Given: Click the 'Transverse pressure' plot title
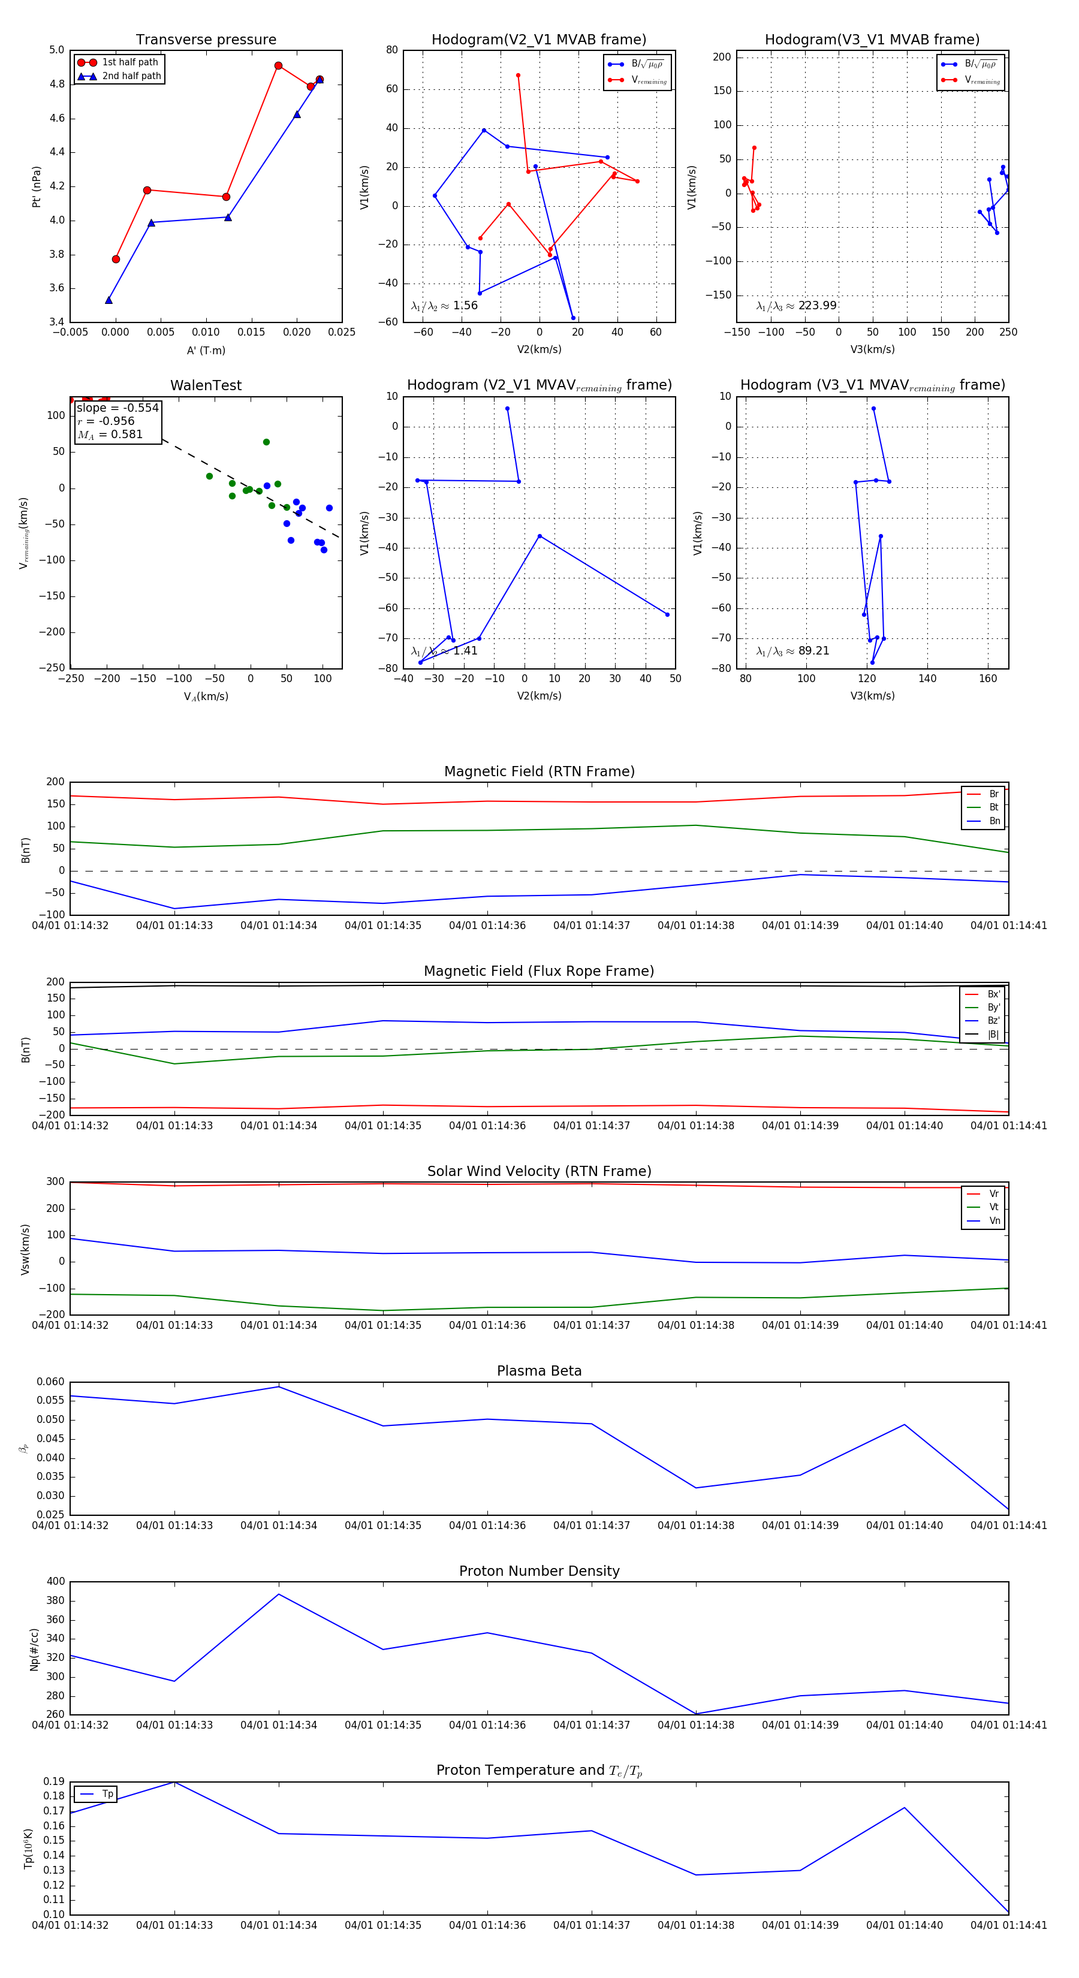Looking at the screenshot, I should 206,39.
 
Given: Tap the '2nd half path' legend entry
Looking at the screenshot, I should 131,76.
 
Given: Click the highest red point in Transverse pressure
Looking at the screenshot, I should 278,66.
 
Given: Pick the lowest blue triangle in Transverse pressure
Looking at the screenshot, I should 108,300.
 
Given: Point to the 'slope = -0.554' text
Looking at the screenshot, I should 117,408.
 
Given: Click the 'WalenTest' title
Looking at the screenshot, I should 206,385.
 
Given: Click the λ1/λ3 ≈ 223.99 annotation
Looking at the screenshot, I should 797,306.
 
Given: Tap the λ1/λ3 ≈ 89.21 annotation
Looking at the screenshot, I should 792,651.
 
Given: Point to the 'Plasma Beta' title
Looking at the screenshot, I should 539,1371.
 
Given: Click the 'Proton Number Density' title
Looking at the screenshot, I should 539,1571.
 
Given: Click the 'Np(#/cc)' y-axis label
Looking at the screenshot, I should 34,1650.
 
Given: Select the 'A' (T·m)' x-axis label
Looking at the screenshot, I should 206,350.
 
